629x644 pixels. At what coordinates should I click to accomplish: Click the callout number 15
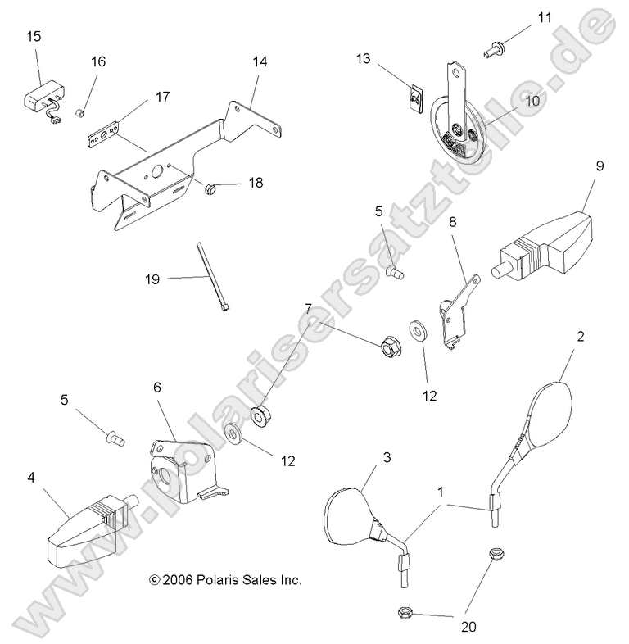(34, 36)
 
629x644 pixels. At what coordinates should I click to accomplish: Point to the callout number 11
(545, 17)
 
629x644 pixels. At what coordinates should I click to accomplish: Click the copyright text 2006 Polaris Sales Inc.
(226, 579)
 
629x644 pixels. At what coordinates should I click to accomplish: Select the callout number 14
(260, 61)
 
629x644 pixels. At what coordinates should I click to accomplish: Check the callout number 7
(308, 309)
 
